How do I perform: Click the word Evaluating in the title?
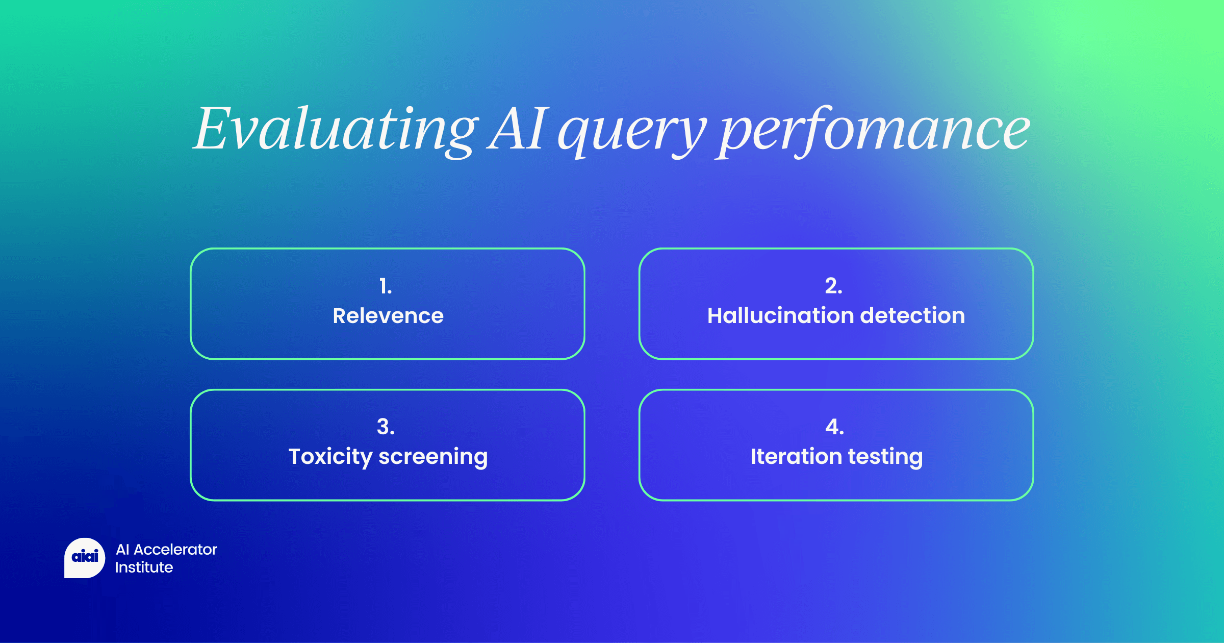click(x=336, y=130)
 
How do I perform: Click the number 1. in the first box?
click(x=386, y=286)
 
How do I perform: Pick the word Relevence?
click(x=388, y=316)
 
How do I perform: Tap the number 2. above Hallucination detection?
click(x=833, y=286)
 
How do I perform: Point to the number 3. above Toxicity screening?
click(x=386, y=427)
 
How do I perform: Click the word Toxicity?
click(x=330, y=457)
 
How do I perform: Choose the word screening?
click(x=433, y=457)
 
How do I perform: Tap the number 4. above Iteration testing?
click(x=834, y=427)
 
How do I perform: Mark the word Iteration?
click(x=796, y=456)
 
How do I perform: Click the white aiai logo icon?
click(x=85, y=558)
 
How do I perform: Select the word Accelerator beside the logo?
click(x=175, y=550)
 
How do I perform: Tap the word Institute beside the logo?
click(x=144, y=567)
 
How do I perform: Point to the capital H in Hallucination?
click(x=716, y=316)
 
